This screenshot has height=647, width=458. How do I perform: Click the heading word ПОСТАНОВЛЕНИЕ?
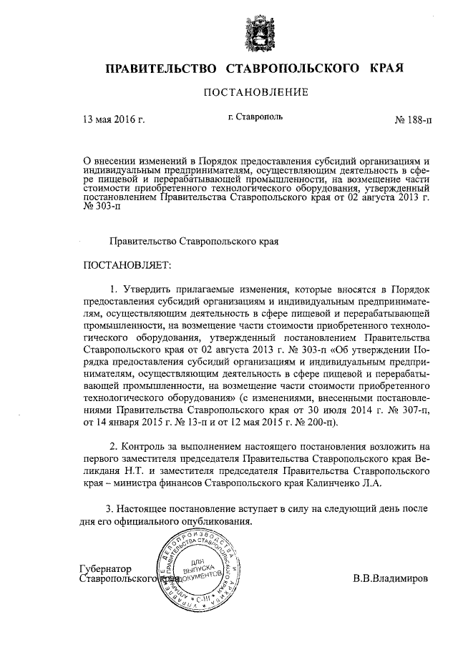coord(256,92)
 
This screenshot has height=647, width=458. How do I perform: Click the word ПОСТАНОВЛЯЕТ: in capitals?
coord(127,267)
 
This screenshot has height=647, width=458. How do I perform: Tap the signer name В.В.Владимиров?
coord(391,578)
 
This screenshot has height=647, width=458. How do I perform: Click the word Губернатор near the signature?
coord(107,568)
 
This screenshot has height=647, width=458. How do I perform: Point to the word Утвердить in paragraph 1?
coord(150,290)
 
